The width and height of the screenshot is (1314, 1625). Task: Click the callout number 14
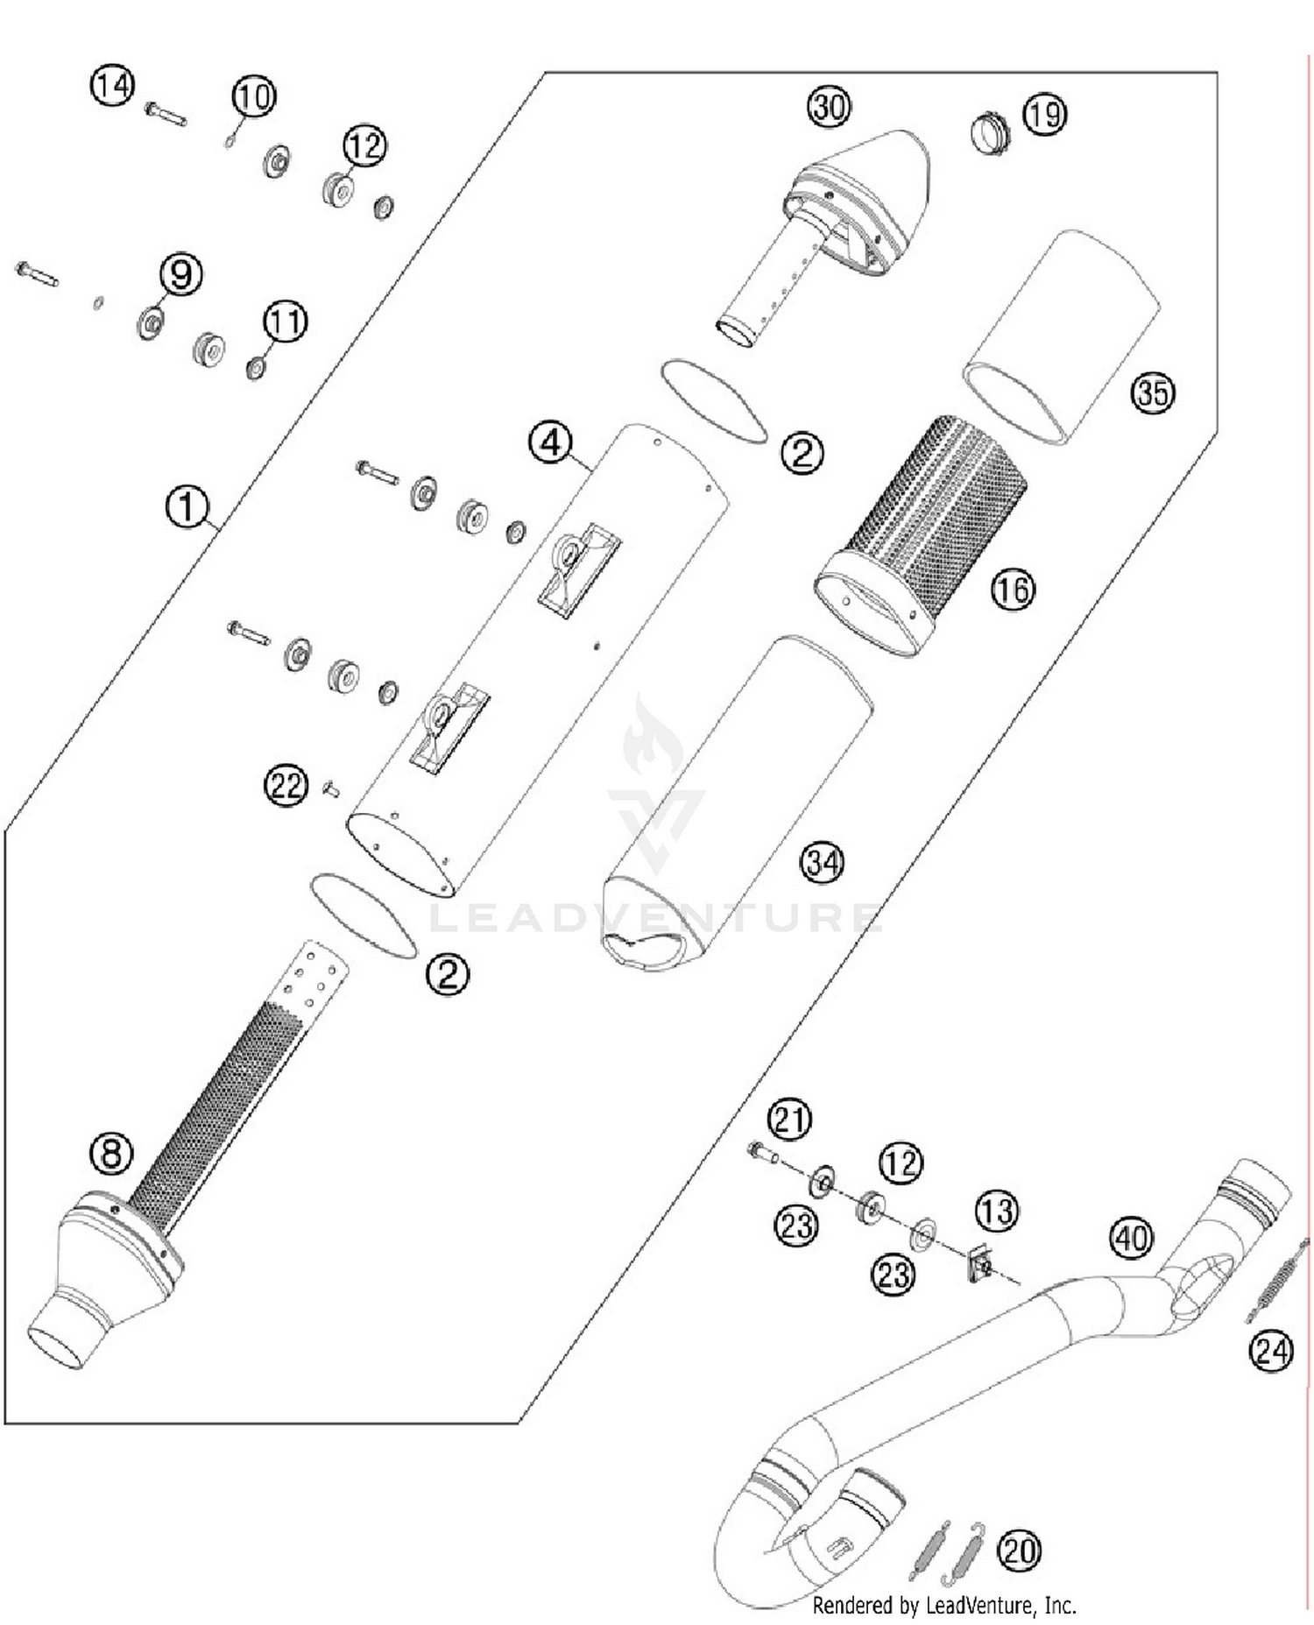[112, 86]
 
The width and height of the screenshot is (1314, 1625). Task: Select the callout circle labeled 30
[829, 107]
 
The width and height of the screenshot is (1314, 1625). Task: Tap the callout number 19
[1044, 114]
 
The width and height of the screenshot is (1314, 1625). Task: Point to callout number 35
[1152, 392]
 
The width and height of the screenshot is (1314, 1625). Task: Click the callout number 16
[1013, 590]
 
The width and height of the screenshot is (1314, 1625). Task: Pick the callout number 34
[823, 863]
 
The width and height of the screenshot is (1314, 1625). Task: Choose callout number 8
[112, 1154]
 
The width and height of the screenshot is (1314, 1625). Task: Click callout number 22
[286, 786]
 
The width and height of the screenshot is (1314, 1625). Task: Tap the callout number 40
[1131, 1239]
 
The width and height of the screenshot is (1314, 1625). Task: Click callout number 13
[997, 1212]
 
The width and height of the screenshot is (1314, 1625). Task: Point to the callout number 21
[789, 1120]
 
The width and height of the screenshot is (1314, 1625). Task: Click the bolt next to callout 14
[165, 113]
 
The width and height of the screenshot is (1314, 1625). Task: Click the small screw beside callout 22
[331, 789]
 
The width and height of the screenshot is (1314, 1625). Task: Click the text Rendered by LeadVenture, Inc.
[943, 1605]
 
